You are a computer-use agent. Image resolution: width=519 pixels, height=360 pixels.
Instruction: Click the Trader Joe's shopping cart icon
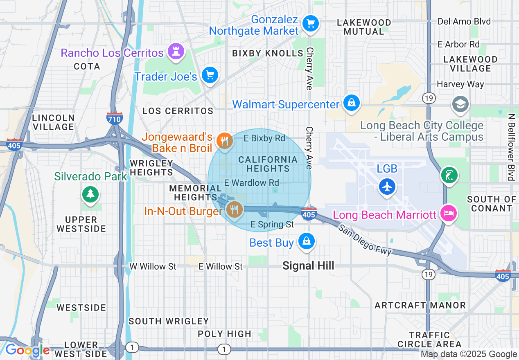210,75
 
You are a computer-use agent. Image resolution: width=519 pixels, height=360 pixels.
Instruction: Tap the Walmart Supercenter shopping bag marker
351,103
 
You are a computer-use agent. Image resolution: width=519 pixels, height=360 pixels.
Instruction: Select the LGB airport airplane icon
387,187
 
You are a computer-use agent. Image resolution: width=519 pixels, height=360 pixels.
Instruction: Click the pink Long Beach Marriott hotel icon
448,213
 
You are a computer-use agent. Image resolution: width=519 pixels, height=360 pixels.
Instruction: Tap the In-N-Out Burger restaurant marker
234,210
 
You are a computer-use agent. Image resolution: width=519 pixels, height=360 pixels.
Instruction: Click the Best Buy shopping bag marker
306,241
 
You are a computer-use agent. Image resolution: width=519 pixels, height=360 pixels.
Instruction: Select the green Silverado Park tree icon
90,193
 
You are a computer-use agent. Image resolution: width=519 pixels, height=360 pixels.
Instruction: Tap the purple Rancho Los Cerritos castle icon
176,51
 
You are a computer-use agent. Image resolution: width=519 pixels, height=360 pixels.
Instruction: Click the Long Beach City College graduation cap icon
460,104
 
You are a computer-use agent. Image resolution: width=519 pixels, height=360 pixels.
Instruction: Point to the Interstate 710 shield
114,119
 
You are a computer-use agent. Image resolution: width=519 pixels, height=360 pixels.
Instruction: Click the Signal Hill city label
308,266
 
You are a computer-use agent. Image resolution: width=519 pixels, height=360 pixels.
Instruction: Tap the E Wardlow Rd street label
252,182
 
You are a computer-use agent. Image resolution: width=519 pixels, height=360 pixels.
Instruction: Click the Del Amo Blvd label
464,21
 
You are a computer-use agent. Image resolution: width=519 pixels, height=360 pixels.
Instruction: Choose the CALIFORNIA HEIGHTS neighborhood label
268,164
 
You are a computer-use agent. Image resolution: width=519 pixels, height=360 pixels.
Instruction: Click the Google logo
27,351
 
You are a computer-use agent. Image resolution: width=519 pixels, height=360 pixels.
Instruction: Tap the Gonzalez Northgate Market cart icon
310,23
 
